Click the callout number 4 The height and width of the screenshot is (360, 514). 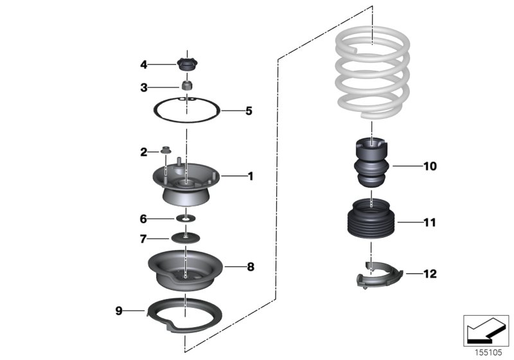point(145,64)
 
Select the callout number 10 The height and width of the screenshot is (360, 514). point(430,166)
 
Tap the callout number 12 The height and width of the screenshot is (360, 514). point(430,274)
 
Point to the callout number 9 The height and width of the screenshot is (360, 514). point(118,310)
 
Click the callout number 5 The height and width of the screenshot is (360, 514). point(248,111)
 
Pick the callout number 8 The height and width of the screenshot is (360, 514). point(250,265)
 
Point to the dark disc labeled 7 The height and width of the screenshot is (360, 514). point(185,239)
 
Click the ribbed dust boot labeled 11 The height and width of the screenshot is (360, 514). point(371,222)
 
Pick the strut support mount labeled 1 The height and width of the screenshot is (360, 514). point(185,183)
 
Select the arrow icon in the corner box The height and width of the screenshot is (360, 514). point(486,328)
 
